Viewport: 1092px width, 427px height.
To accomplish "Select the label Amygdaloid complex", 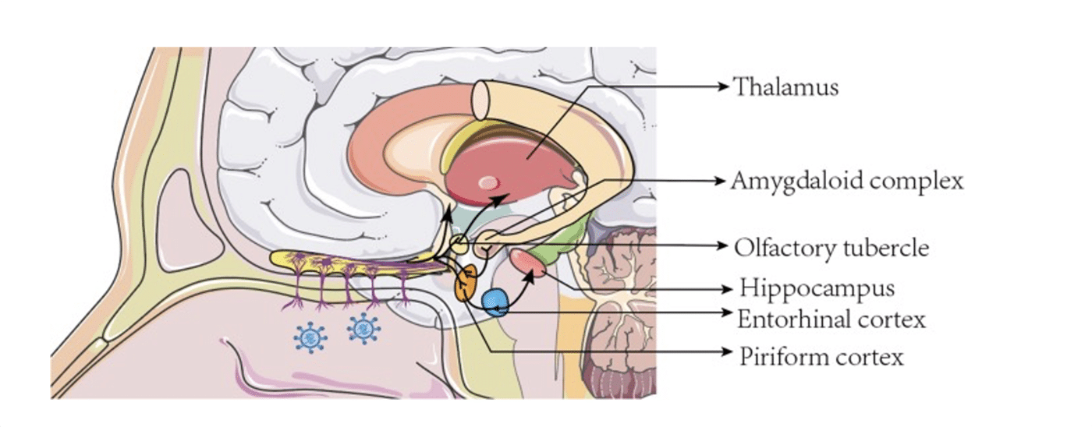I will pyautogui.click(x=847, y=181).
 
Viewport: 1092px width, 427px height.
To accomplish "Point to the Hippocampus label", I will pyautogui.click(x=817, y=288).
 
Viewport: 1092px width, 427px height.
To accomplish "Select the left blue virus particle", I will pyautogui.click(x=310, y=337).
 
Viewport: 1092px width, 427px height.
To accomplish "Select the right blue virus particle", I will pyautogui.click(x=363, y=328).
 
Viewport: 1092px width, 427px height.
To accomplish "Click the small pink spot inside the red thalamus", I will pyautogui.click(x=487, y=183).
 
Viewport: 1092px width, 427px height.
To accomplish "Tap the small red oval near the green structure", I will pyautogui.click(x=528, y=262).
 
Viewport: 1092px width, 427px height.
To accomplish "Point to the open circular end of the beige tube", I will pyautogui.click(x=482, y=100).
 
